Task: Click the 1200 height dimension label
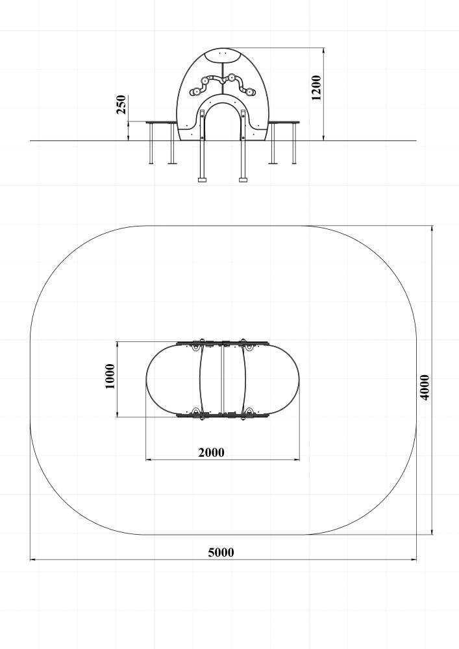(x=316, y=88)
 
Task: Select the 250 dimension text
(x=121, y=104)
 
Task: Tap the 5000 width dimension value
(x=221, y=552)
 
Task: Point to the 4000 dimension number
(x=425, y=387)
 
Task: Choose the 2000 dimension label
(x=212, y=453)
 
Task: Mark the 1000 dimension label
(x=110, y=376)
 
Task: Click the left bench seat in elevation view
(x=161, y=122)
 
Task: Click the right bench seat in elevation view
(x=284, y=122)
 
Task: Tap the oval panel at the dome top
(x=223, y=55)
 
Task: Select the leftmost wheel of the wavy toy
(x=194, y=92)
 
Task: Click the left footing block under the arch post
(x=202, y=180)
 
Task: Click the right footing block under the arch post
(x=243, y=180)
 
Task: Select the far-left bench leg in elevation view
(x=151, y=143)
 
